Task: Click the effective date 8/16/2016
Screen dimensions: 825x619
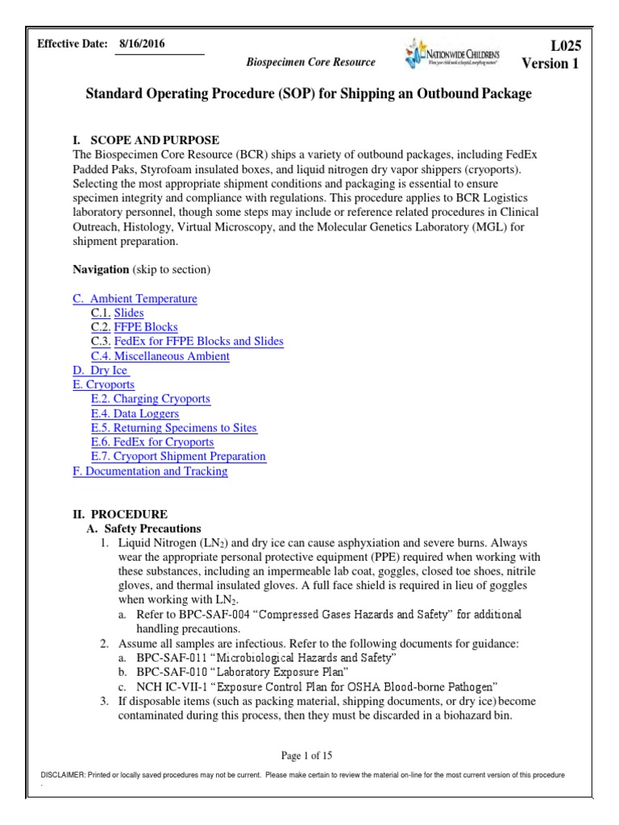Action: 141,44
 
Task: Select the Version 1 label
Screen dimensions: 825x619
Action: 550,64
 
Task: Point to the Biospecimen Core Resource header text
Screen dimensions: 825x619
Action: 310,62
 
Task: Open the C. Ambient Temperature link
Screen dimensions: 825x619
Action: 135,299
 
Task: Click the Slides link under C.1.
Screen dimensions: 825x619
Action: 128,313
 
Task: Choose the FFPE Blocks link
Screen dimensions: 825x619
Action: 146,328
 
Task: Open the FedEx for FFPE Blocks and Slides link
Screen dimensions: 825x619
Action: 198,342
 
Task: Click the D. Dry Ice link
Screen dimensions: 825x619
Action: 101,371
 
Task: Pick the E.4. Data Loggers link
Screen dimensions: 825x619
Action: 135,414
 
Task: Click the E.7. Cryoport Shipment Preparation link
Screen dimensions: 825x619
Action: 178,457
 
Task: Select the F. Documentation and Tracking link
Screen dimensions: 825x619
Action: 150,471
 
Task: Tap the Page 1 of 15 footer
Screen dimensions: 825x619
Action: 306,756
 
